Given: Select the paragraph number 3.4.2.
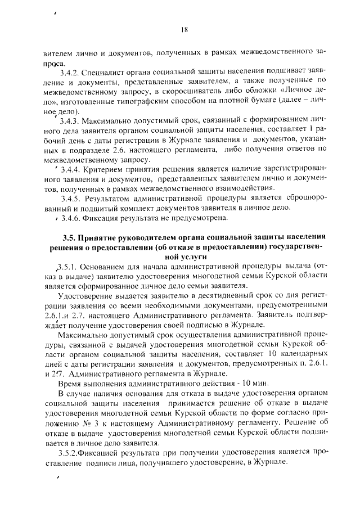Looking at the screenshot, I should point(70,73).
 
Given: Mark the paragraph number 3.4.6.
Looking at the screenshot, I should point(71,217).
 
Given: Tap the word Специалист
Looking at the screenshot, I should point(109,73).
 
